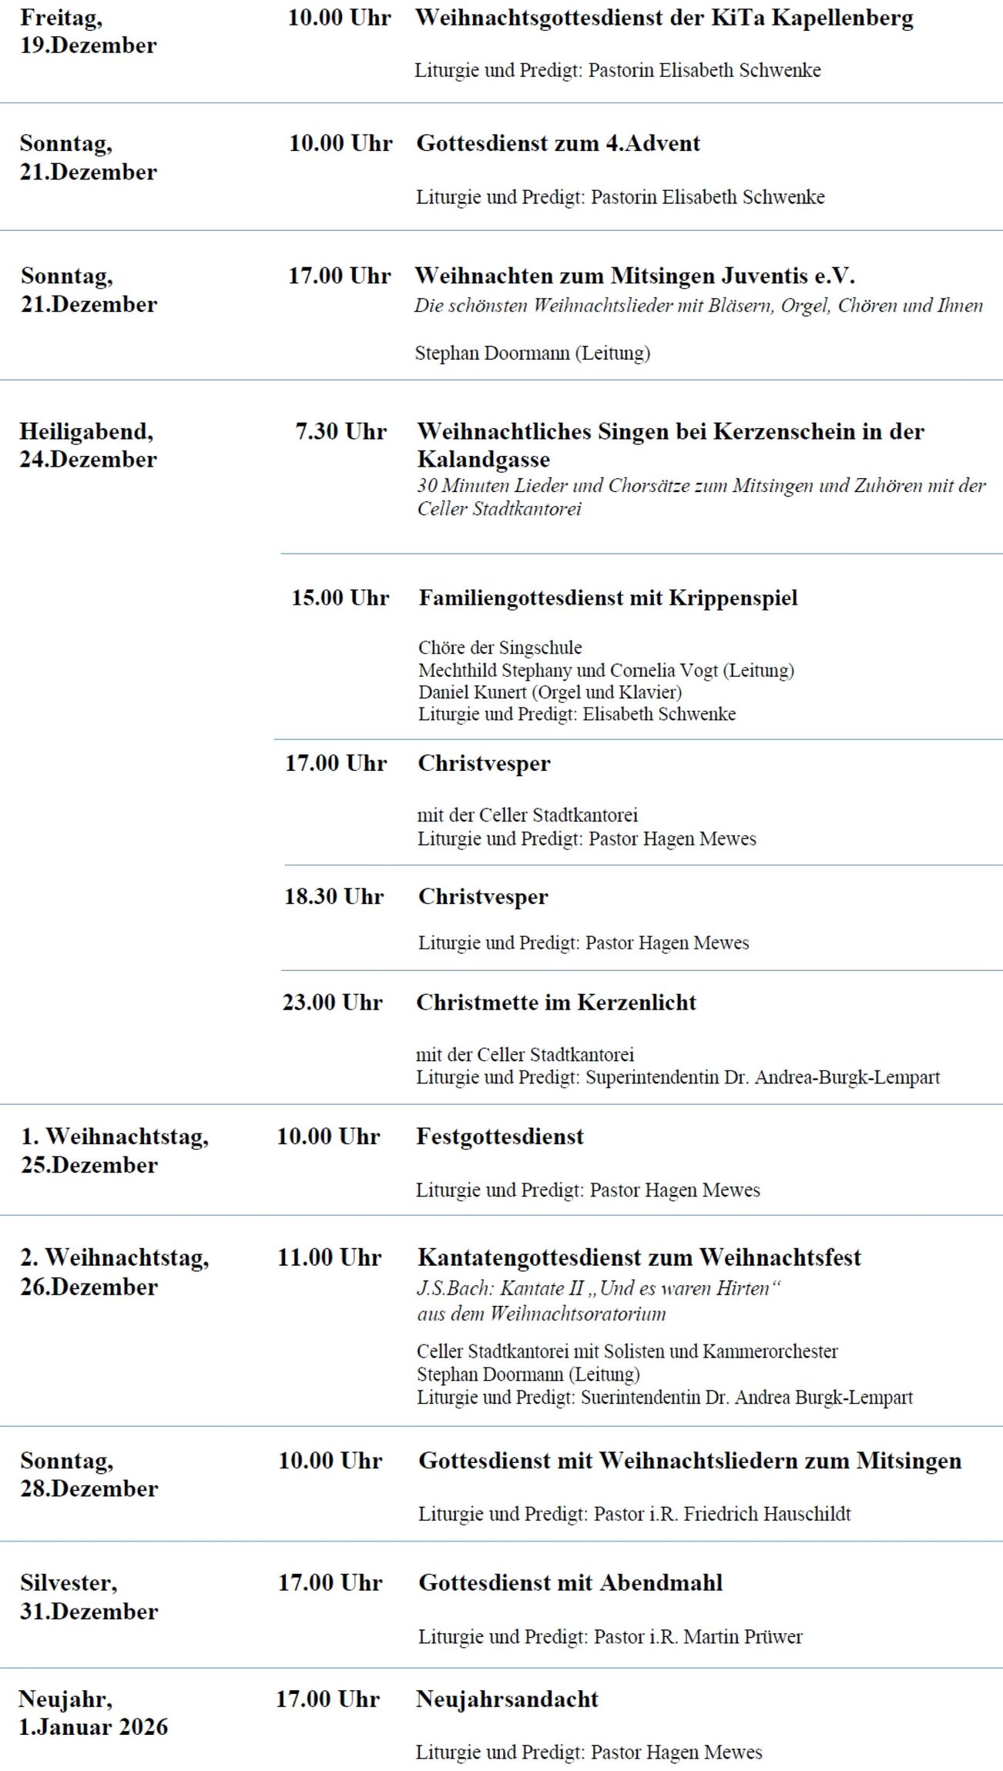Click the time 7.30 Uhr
pos(340,432)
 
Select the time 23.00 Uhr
pos(332,1003)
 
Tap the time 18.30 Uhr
pos(334,897)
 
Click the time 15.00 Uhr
pos(340,598)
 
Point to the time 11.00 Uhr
pos(330,1258)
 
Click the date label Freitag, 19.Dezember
pos(88,32)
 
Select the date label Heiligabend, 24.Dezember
pos(88,446)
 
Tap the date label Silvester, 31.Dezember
pos(89,1598)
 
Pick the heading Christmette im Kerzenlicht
pos(556,1003)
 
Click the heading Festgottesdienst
pos(500,1137)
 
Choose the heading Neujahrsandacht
pos(507,1699)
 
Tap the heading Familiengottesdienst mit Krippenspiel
pos(608,598)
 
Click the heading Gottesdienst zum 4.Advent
pos(558,144)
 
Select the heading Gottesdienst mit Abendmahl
pos(570,1583)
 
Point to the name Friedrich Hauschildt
pos(767,1515)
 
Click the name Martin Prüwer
pos(743,1637)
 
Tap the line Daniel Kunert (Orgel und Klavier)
pos(550,692)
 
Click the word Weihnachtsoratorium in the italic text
pos(578,1314)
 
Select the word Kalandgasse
pos(484,460)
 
